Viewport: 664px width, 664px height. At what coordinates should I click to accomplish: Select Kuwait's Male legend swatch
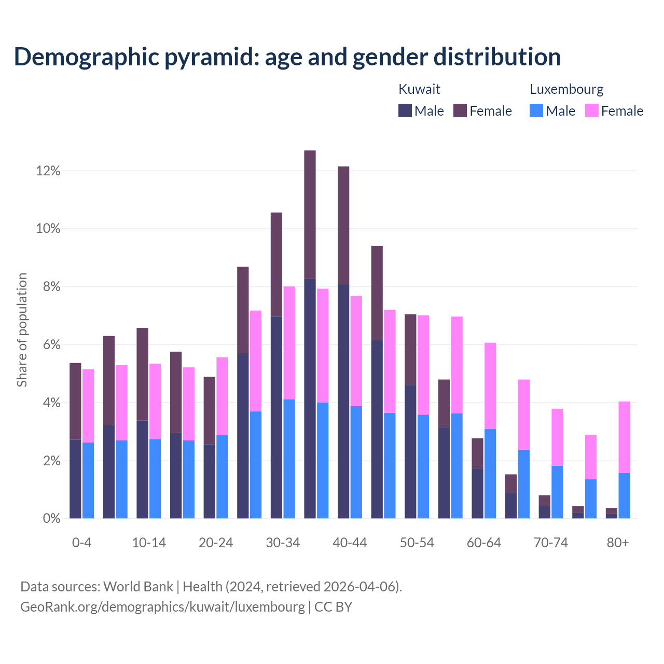click(405, 110)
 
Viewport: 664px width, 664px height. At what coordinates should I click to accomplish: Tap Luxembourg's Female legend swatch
click(591, 110)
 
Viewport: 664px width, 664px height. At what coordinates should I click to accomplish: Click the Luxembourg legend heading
click(566, 89)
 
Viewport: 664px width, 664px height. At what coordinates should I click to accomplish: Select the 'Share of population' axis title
click(22, 330)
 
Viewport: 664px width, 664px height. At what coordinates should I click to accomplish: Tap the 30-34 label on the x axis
click(283, 543)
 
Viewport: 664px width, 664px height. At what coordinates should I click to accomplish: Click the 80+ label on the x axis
click(618, 543)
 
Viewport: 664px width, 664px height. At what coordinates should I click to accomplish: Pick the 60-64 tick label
click(484, 543)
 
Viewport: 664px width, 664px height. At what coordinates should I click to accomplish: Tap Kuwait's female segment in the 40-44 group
click(343, 225)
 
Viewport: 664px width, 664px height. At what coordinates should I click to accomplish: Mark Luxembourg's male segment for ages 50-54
click(423, 466)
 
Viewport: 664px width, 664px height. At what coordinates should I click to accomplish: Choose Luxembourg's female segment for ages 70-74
click(557, 437)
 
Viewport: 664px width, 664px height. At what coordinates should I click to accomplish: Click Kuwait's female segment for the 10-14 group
click(142, 374)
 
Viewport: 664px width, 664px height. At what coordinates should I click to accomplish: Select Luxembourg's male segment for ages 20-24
click(222, 477)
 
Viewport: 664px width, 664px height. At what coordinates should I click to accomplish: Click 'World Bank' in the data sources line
click(138, 587)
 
